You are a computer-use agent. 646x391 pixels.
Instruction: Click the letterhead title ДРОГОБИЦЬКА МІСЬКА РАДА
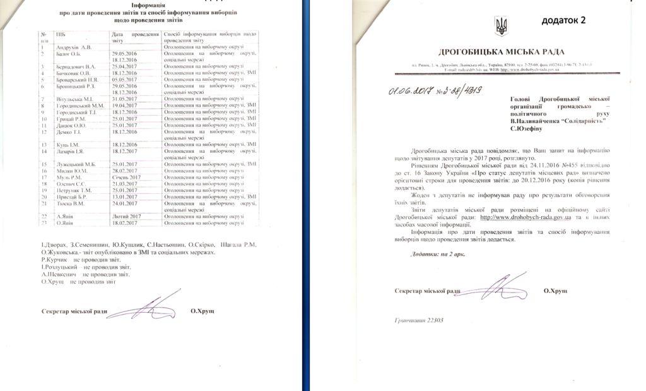click(501, 52)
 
